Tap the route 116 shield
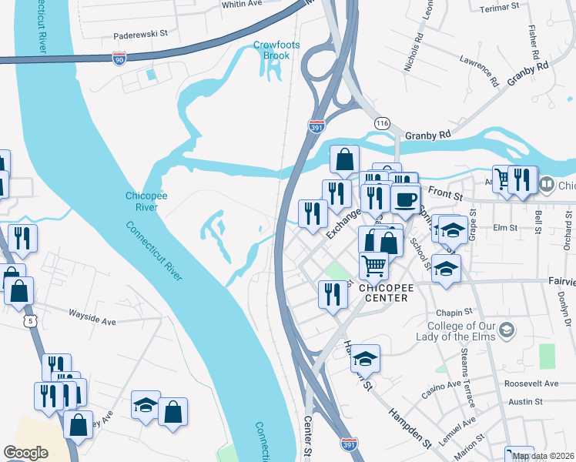click(x=381, y=123)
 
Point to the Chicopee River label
click(x=142, y=202)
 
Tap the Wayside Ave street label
click(x=92, y=314)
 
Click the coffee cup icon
click(x=405, y=199)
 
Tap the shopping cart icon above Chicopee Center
click(x=373, y=266)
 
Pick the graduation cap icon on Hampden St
click(x=366, y=358)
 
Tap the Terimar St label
click(x=500, y=7)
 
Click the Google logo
click(x=25, y=453)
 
